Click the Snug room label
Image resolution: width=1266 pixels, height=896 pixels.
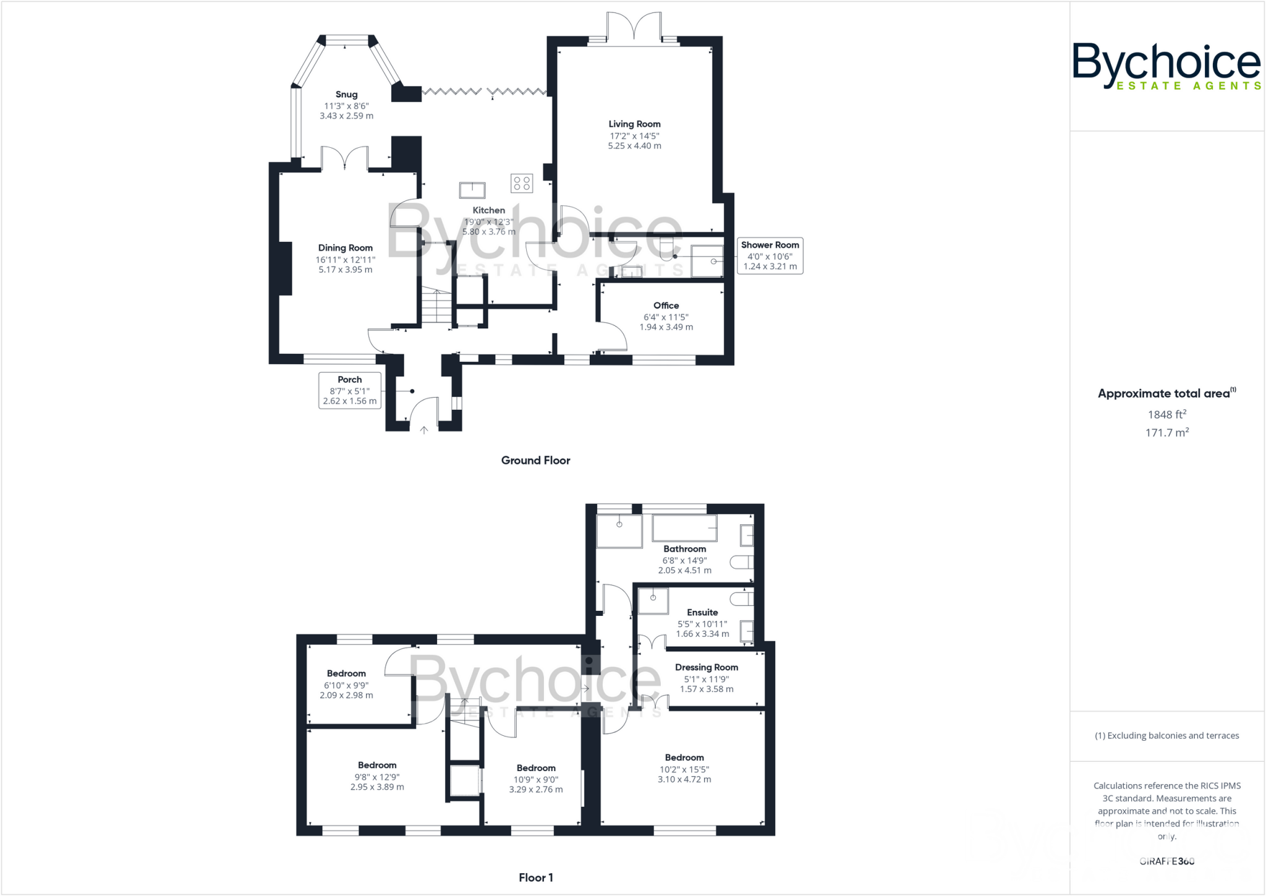346,95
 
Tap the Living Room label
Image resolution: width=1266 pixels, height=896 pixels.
634,124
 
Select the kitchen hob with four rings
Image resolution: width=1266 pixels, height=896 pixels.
522,183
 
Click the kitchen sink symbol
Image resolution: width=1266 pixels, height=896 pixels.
472,189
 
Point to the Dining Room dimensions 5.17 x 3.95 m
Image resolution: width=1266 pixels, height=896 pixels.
345,270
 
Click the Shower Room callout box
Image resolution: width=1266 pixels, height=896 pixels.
770,255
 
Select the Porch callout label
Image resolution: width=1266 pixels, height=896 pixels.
349,390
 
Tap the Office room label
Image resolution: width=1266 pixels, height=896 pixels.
666,305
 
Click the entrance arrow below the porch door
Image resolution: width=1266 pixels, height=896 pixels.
424,430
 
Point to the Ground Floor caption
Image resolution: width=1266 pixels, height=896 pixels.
535,460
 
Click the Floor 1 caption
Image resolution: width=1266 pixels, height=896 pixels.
535,877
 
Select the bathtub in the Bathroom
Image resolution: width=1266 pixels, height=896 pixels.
684,529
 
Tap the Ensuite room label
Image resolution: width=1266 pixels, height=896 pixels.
702,612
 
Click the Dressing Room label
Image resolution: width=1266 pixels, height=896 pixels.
706,667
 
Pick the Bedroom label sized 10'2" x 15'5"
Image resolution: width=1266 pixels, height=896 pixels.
684,757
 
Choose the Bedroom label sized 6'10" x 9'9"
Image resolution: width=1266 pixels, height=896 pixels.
346,673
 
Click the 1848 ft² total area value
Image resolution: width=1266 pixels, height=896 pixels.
1166,415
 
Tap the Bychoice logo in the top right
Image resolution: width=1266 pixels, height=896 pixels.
1166,66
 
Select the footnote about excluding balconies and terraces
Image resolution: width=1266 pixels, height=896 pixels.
1166,736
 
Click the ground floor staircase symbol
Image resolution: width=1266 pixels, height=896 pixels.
436,307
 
